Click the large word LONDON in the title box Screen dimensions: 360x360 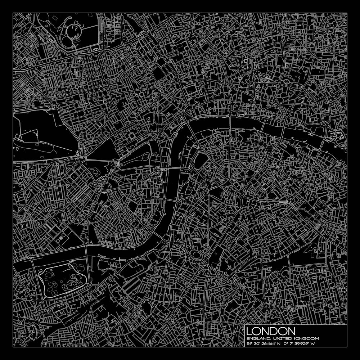click(271, 331)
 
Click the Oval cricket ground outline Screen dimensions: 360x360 click(197, 256)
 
